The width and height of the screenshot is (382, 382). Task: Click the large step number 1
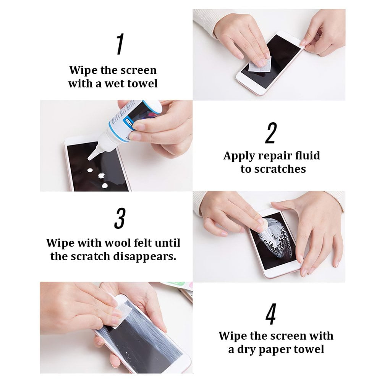(x=120, y=45)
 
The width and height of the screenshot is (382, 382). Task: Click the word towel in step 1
(x=142, y=84)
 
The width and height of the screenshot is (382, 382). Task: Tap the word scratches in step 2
(x=282, y=169)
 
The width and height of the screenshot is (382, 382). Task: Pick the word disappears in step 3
(x=150, y=256)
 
